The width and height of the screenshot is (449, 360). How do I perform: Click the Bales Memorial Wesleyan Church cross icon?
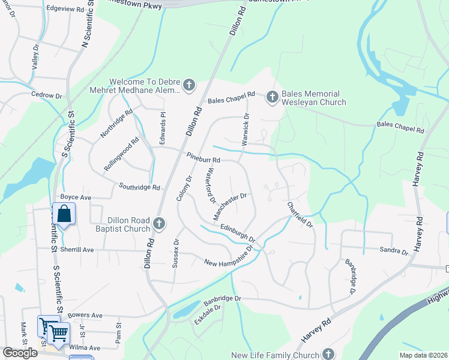(x=272, y=97)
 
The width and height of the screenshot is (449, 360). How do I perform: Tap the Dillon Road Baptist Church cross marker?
(x=159, y=224)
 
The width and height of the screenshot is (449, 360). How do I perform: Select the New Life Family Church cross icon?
(x=328, y=353)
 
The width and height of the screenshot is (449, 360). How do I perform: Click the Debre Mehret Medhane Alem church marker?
(x=189, y=85)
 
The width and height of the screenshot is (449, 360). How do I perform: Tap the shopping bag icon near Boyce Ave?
(x=64, y=214)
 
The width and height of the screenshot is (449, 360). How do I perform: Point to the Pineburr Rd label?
(x=203, y=160)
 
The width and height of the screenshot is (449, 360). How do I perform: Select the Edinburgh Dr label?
(x=238, y=231)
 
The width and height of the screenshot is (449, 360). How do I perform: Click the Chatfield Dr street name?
(x=300, y=212)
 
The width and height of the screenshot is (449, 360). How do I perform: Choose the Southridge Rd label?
(x=139, y=187)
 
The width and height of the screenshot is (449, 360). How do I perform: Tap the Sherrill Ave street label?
(x=77, y=250)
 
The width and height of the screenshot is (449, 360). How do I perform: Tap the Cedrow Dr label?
(x=47, y=95)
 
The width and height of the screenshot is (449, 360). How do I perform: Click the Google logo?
(x=20, y=353)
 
